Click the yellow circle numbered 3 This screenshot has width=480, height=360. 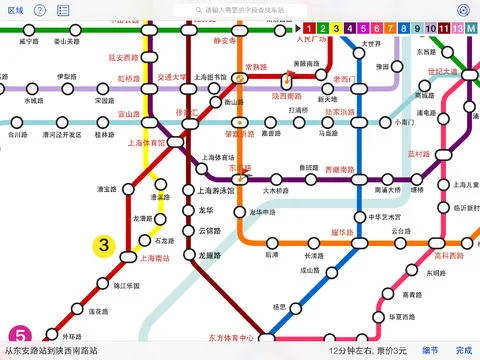coord(103,243)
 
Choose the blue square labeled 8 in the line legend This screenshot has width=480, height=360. coord(403,27)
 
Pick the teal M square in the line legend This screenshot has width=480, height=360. coord(470,27)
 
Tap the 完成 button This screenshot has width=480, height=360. coord(462,351)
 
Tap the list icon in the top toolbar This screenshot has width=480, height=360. coord(63,9)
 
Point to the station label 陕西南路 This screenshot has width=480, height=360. coord(287,96)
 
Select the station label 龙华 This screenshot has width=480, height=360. coord(207,210)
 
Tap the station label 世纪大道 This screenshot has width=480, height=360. coord(441,71)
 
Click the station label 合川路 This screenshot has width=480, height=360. coord(16,133)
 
